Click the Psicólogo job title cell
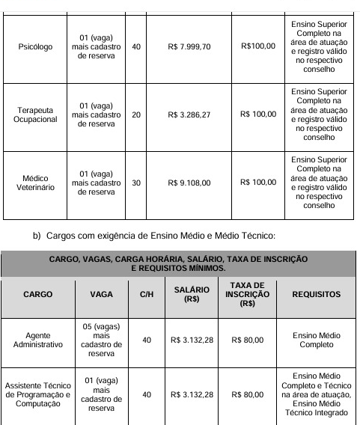[34, 46]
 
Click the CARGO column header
[37, 295]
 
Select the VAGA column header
[101, 295]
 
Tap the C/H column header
[147, 295]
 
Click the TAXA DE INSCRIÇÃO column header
[247, 295]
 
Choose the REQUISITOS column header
[314, 295]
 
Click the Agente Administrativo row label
[37, 340]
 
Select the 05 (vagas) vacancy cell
[101, 340]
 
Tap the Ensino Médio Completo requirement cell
[314, 340]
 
